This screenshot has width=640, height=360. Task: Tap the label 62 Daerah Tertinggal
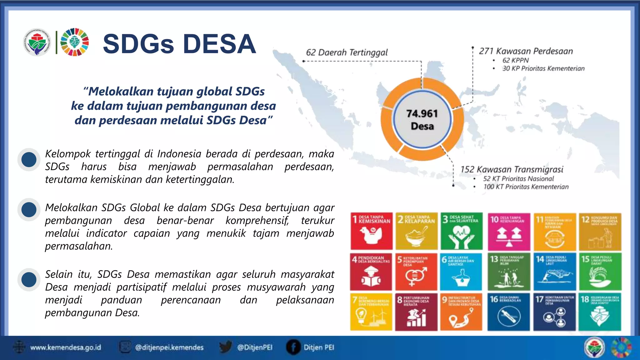[x=347, y=52]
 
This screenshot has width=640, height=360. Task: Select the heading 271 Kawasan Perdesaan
[x=526, y=51]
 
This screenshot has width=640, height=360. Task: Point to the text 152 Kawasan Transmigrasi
[x=512, y=169]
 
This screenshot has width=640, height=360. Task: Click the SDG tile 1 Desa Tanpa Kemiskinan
[x=371, y=231]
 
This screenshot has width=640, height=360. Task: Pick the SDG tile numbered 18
[x=600, y=312]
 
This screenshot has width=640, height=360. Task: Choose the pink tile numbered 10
[x=508, y=231]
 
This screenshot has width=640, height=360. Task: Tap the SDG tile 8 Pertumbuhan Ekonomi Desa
[x=416, y=312]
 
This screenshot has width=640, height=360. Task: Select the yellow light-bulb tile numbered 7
[x=371, y=312]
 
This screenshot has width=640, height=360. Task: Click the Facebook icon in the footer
[x=293, y=347]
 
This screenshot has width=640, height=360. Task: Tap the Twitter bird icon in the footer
[x=225, y=347]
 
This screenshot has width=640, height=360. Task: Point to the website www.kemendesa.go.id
[x=65, y=347]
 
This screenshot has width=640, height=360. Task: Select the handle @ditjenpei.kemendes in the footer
[x=169, y=347]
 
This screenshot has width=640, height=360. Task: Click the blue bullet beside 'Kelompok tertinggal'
[x=29, y=160]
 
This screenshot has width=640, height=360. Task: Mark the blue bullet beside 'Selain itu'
[x=29, y=279]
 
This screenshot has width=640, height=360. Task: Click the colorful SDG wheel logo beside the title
[x=74, y=42]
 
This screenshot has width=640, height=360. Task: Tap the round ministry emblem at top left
[x=37, y=42]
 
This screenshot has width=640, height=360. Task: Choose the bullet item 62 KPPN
[x=515, y=60]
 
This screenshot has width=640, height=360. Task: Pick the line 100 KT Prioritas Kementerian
[x=526, y=187]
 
